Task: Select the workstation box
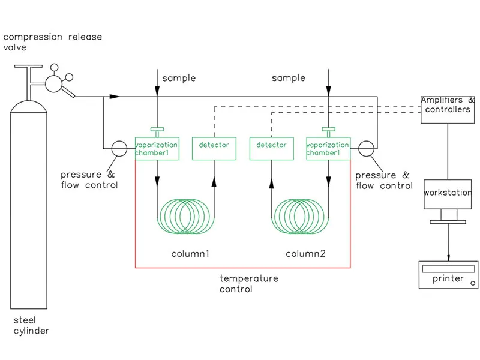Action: (x=448, y=194)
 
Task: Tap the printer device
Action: (x=448, y=275)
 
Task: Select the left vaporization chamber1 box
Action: (x=157, y=149)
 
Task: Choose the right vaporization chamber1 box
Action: (x=328, y=149)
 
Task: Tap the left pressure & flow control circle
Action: (x=119, y=149)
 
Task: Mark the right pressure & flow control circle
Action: (x=365, y=149)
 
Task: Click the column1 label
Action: (x=190, y=254)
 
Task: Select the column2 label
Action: (x=305, y=254)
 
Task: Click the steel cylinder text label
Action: (x=30, y=325)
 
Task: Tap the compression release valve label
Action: (x=53, y=42)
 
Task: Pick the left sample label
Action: (x=179, y=78)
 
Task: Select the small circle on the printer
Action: (x=473, y=282)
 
